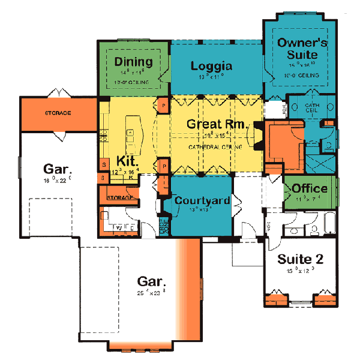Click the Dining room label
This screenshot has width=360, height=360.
click(133, 62)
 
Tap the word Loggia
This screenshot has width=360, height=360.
click(211, 65)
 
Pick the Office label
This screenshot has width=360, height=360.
click(310, 188)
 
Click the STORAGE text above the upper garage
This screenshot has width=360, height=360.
click(58, 112)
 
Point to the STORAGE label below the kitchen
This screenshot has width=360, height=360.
click(119, 197)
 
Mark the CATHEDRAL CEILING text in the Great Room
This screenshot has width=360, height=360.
click(215, 146)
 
